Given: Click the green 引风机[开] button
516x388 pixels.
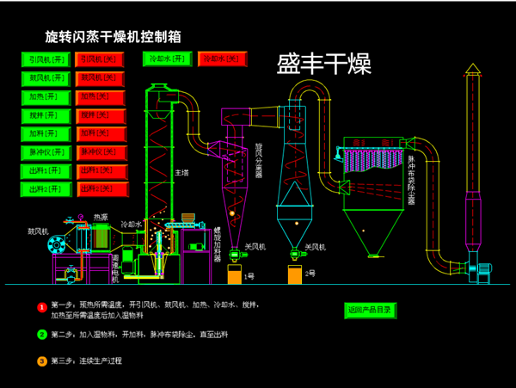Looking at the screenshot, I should [46, 59].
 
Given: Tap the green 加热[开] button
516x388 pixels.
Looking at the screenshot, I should [46, 96].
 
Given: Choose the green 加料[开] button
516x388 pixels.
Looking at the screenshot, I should [46, 133].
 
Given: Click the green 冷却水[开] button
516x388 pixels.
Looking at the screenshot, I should [168, 59].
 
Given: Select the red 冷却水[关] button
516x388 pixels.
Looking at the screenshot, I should [223, 59].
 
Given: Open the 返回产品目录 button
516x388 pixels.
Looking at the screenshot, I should [371, 310].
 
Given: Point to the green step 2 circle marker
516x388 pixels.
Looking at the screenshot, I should [41, 335].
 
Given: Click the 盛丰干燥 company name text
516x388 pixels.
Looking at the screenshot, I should [323, 64].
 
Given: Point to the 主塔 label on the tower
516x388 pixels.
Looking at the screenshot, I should [181, 172].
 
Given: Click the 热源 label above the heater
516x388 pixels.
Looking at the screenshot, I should [101, 218].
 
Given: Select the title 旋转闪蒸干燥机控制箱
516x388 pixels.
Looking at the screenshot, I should [113, 38].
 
